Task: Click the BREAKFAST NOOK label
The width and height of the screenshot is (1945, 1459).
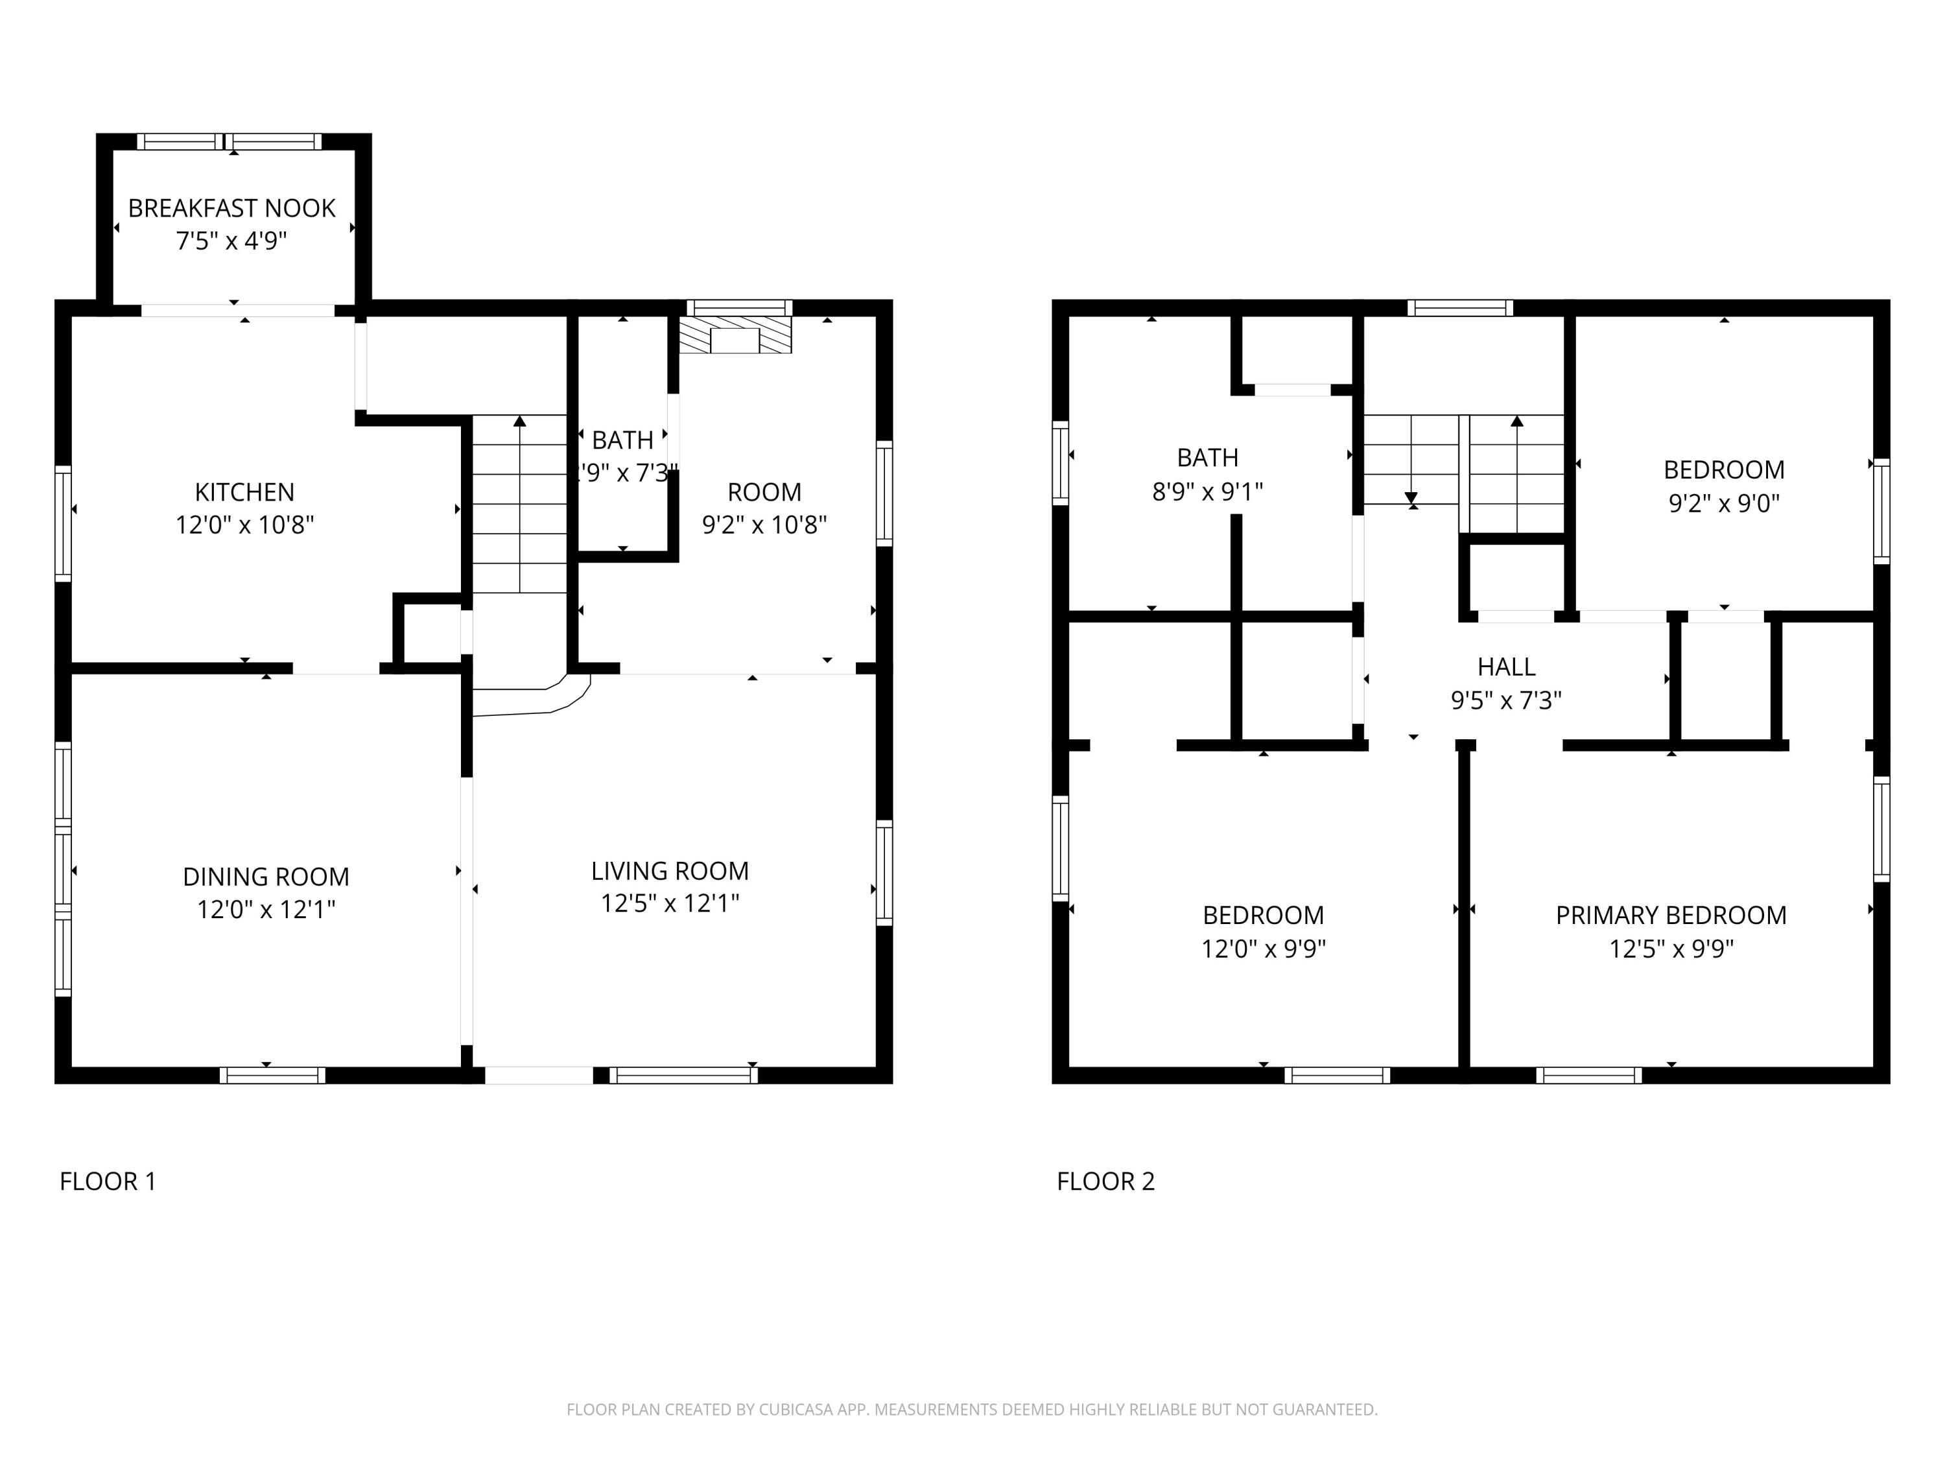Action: tap(231, 208)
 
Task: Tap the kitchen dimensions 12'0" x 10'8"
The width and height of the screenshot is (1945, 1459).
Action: tap(244, 525)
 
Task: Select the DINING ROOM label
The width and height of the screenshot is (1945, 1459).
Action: tap(266, 877)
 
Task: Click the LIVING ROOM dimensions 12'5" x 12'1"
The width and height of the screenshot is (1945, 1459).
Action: tap(669, 904)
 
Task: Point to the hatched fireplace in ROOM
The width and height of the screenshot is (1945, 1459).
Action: tap(735, 336)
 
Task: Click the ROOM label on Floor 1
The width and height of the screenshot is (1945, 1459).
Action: tap(764, 492)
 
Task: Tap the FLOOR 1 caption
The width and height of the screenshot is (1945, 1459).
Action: tap(107, 1181)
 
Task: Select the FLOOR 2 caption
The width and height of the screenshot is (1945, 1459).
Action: tap(1105, 1181)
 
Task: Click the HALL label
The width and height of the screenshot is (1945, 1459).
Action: tap(1506, 667)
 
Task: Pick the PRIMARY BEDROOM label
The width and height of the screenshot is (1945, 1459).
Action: tap(1671, 916)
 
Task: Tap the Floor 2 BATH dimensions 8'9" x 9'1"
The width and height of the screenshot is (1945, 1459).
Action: tap(1207, 492)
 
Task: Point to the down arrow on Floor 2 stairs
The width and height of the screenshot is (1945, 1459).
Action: tap(1411, 498)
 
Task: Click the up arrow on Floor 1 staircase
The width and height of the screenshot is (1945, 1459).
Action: tap(520, 422)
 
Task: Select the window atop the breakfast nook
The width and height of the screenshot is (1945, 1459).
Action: tap(230, 141)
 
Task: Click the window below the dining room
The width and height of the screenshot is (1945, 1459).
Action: tap(272, 1076)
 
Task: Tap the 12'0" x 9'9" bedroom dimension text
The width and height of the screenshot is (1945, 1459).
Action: tap(1263, 949)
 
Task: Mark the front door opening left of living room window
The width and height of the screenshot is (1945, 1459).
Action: tap(539, 1076)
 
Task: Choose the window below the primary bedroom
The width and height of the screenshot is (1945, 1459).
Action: tap(1589, 1076)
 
